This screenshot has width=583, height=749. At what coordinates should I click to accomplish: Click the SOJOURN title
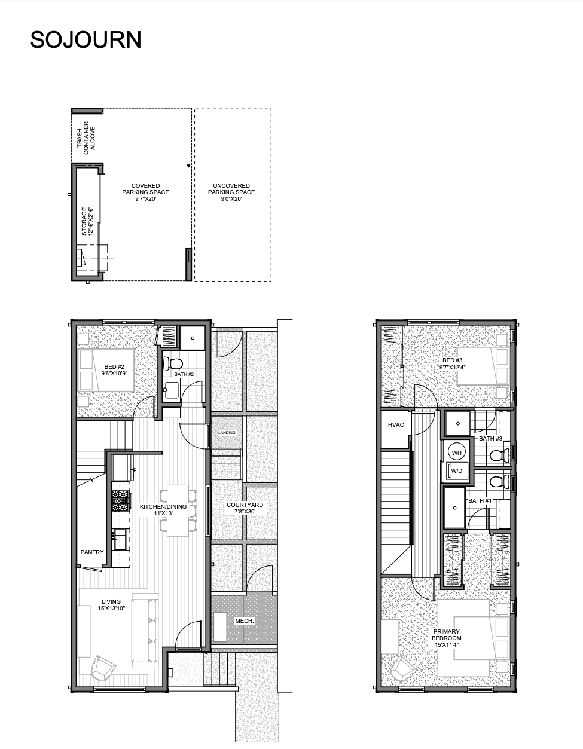click(x=86, y=39)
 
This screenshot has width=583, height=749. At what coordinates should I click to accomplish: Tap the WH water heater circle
click(x=456, y=453)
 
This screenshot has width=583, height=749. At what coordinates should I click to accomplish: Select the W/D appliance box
click(x=456, y=471)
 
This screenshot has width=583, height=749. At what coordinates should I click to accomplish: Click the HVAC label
click(x=396, y=424)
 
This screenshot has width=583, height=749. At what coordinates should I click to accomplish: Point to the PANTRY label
click(x=92, y=552)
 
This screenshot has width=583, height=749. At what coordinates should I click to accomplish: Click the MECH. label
click(x=245, y=620)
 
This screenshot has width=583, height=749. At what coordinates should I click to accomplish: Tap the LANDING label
click(x=227, y=432)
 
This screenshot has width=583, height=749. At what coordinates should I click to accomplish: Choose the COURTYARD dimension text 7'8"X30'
click(x=245, y=512)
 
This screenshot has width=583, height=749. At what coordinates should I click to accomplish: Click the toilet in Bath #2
click(x=173, y=363)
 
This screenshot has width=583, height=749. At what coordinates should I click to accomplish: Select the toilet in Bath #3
click(x=499, y=455)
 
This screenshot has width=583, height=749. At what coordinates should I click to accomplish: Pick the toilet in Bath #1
click(x=499, y=482)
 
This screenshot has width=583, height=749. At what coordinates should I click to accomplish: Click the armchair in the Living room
click(x=102, y=667)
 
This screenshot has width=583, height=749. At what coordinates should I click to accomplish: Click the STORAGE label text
click(x=84, y=221)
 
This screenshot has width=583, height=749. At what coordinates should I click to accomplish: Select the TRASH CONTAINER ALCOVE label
click(x=86, y=138)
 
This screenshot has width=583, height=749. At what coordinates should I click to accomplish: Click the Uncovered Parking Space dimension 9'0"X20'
click(x=231, y=199)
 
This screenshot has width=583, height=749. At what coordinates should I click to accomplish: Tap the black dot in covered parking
click(x=188, y=166)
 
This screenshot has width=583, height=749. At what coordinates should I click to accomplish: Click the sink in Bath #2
click(x=172, y=390)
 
